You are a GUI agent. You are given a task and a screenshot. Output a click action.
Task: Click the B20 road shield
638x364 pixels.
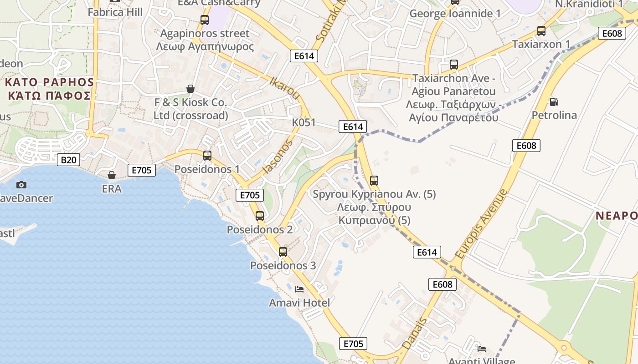pos(68,160)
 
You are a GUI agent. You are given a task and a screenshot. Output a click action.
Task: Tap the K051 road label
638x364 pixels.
pos(304,123)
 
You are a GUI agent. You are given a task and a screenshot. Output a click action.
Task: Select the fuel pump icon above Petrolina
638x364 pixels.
pos(554,102)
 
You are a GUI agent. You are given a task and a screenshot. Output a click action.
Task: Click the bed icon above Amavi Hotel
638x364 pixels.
pos(299,289)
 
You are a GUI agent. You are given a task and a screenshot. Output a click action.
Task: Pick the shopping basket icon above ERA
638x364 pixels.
pos(112,175)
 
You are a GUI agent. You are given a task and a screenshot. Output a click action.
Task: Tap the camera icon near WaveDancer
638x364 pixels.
pos(21,185)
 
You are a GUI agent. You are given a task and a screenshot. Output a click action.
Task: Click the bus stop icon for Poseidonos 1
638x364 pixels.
pos(207,156)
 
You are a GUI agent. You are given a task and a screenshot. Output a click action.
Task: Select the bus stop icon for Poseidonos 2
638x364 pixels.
pos(260,216)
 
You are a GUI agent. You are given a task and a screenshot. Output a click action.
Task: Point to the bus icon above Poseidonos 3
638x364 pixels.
pos(283,252)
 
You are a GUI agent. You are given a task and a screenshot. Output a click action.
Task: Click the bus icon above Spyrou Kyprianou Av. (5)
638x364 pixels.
pos(374,181)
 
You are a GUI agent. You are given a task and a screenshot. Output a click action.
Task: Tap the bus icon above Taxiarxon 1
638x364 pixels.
pos(541,31)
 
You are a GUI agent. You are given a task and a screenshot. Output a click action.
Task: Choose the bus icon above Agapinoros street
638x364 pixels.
pos(205,20)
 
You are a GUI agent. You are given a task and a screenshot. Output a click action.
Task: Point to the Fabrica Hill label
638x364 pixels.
pos(115,12)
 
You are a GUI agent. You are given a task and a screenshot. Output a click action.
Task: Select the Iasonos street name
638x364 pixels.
pos(277,157)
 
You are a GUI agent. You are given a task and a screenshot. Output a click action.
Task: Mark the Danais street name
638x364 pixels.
pos(415,334)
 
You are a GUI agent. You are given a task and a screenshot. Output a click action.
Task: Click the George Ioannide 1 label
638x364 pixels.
pos(455,14)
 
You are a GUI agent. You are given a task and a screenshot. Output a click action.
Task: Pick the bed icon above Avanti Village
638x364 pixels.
pos(482,349)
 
